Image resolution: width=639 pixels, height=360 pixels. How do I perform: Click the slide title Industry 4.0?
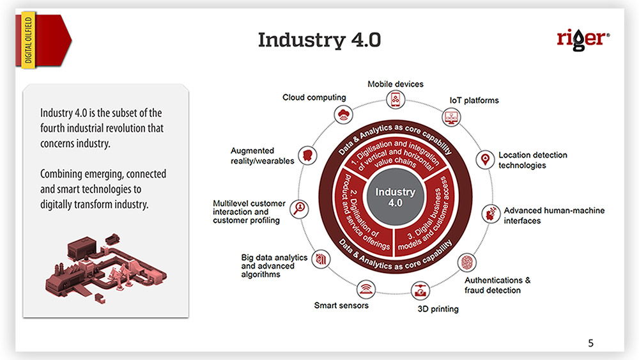pos(319,40)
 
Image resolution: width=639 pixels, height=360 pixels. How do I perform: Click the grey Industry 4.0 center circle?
pos(395,198)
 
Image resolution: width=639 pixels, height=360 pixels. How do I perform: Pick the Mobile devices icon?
pos(396,100)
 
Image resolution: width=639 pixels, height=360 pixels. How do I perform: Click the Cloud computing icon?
pos(343,115)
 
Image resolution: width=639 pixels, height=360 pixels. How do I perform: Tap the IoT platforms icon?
pos(451,117)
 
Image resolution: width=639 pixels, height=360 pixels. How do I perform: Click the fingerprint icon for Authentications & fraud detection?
pos(467,262)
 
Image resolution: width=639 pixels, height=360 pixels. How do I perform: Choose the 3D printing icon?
pos(420,290)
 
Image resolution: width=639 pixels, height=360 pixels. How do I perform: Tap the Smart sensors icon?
pos(366,288)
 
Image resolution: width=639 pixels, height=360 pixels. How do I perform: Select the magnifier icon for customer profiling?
pos(299,208)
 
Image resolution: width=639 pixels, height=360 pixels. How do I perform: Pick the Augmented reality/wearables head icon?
pos(309,155)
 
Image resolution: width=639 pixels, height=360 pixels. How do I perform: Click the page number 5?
pos(590,343)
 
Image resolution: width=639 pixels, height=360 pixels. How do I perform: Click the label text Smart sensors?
pos(341,305)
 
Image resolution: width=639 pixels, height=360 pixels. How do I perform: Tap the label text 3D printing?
pos(438,309)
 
